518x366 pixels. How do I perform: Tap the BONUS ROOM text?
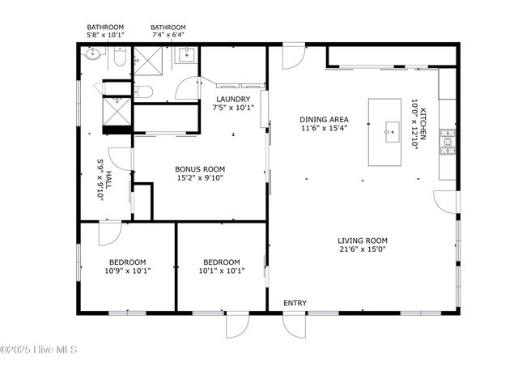coord(200,169)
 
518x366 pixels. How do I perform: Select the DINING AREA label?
coord(323,120)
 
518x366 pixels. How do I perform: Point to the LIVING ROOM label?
coord(363,240)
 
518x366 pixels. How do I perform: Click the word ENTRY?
coord(295,303)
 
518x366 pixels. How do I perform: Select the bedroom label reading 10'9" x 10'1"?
coord(128,270)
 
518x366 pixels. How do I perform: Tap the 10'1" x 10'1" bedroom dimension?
coord(222,270)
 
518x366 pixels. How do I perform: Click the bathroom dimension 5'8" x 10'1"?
coord(105,35)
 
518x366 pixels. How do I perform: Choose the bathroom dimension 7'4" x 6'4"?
coord(168,35)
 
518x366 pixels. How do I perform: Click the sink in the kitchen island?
coord(392,127)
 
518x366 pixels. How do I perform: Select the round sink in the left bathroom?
coord(93,56)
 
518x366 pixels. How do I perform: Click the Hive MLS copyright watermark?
coord(39,350)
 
